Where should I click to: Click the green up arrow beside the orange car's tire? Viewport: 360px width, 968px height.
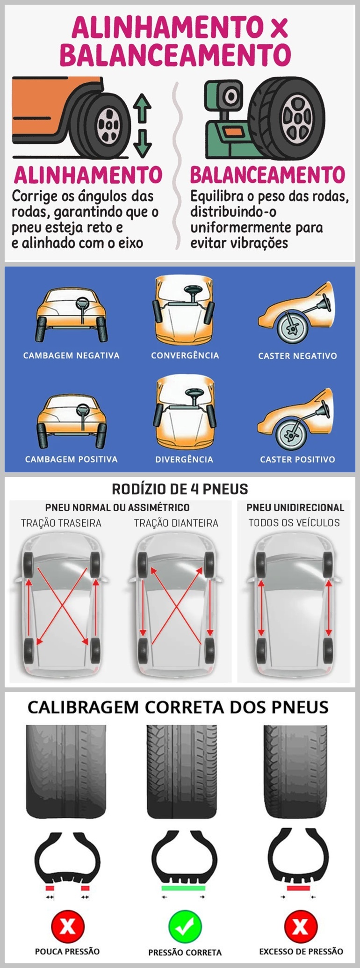pos(142,108)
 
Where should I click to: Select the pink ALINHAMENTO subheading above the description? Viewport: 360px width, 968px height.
pos(88,175)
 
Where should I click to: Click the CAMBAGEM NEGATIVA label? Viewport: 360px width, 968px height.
pos(72,355)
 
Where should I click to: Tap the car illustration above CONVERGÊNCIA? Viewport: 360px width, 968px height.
pos(184,310)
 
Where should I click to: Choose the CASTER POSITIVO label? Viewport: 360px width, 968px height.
pos(297,459)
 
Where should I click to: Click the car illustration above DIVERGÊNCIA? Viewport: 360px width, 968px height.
pos(185,412)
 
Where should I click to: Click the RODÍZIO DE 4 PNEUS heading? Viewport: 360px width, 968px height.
pos(180,489)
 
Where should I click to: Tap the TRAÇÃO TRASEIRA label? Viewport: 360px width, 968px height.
pos(61,523)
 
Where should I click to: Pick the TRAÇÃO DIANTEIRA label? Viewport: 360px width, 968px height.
pos(176,523)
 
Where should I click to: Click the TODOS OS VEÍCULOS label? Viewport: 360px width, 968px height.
pos(294,523)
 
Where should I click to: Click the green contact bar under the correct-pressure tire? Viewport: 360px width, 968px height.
pos(183,888)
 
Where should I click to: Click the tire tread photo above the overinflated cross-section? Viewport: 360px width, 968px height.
pos(296,771)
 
